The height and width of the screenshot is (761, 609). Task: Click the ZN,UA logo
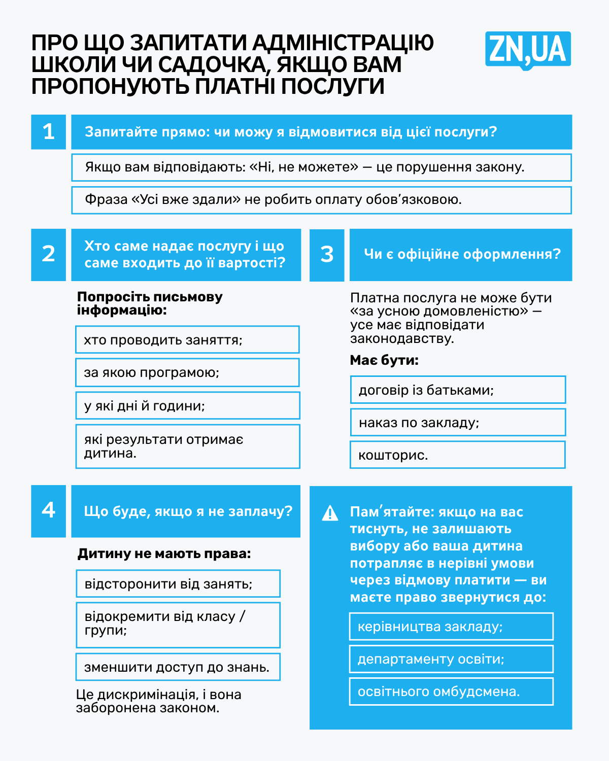point(528,50)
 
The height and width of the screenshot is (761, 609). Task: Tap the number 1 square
point(48,132)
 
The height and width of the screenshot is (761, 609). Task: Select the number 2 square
point(48,255)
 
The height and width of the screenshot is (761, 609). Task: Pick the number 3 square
point(327,255)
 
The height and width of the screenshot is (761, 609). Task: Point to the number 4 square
point(48,511)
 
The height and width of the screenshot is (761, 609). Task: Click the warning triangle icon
point(330,513)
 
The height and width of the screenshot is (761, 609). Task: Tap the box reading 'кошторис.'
point(457,455)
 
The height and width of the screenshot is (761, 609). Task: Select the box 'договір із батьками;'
point(457,390)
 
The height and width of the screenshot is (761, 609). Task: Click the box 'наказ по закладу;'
point(457,423)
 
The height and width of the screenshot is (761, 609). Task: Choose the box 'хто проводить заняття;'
point(187,339)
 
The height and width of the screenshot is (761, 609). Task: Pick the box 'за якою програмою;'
point(187,372)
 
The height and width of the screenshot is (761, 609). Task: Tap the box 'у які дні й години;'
point(187,405)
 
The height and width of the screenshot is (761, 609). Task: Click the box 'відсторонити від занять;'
point(178,583)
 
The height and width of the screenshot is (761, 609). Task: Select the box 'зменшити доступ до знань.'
point(178,667)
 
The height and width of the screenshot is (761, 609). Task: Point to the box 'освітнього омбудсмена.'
point(451,691)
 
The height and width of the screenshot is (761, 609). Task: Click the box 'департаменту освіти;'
point(451,659)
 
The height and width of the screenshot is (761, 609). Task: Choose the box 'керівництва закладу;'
point(451,627)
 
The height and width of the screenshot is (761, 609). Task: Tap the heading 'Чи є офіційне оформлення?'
point(462,254)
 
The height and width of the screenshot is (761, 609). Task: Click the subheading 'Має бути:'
point(384,361)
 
